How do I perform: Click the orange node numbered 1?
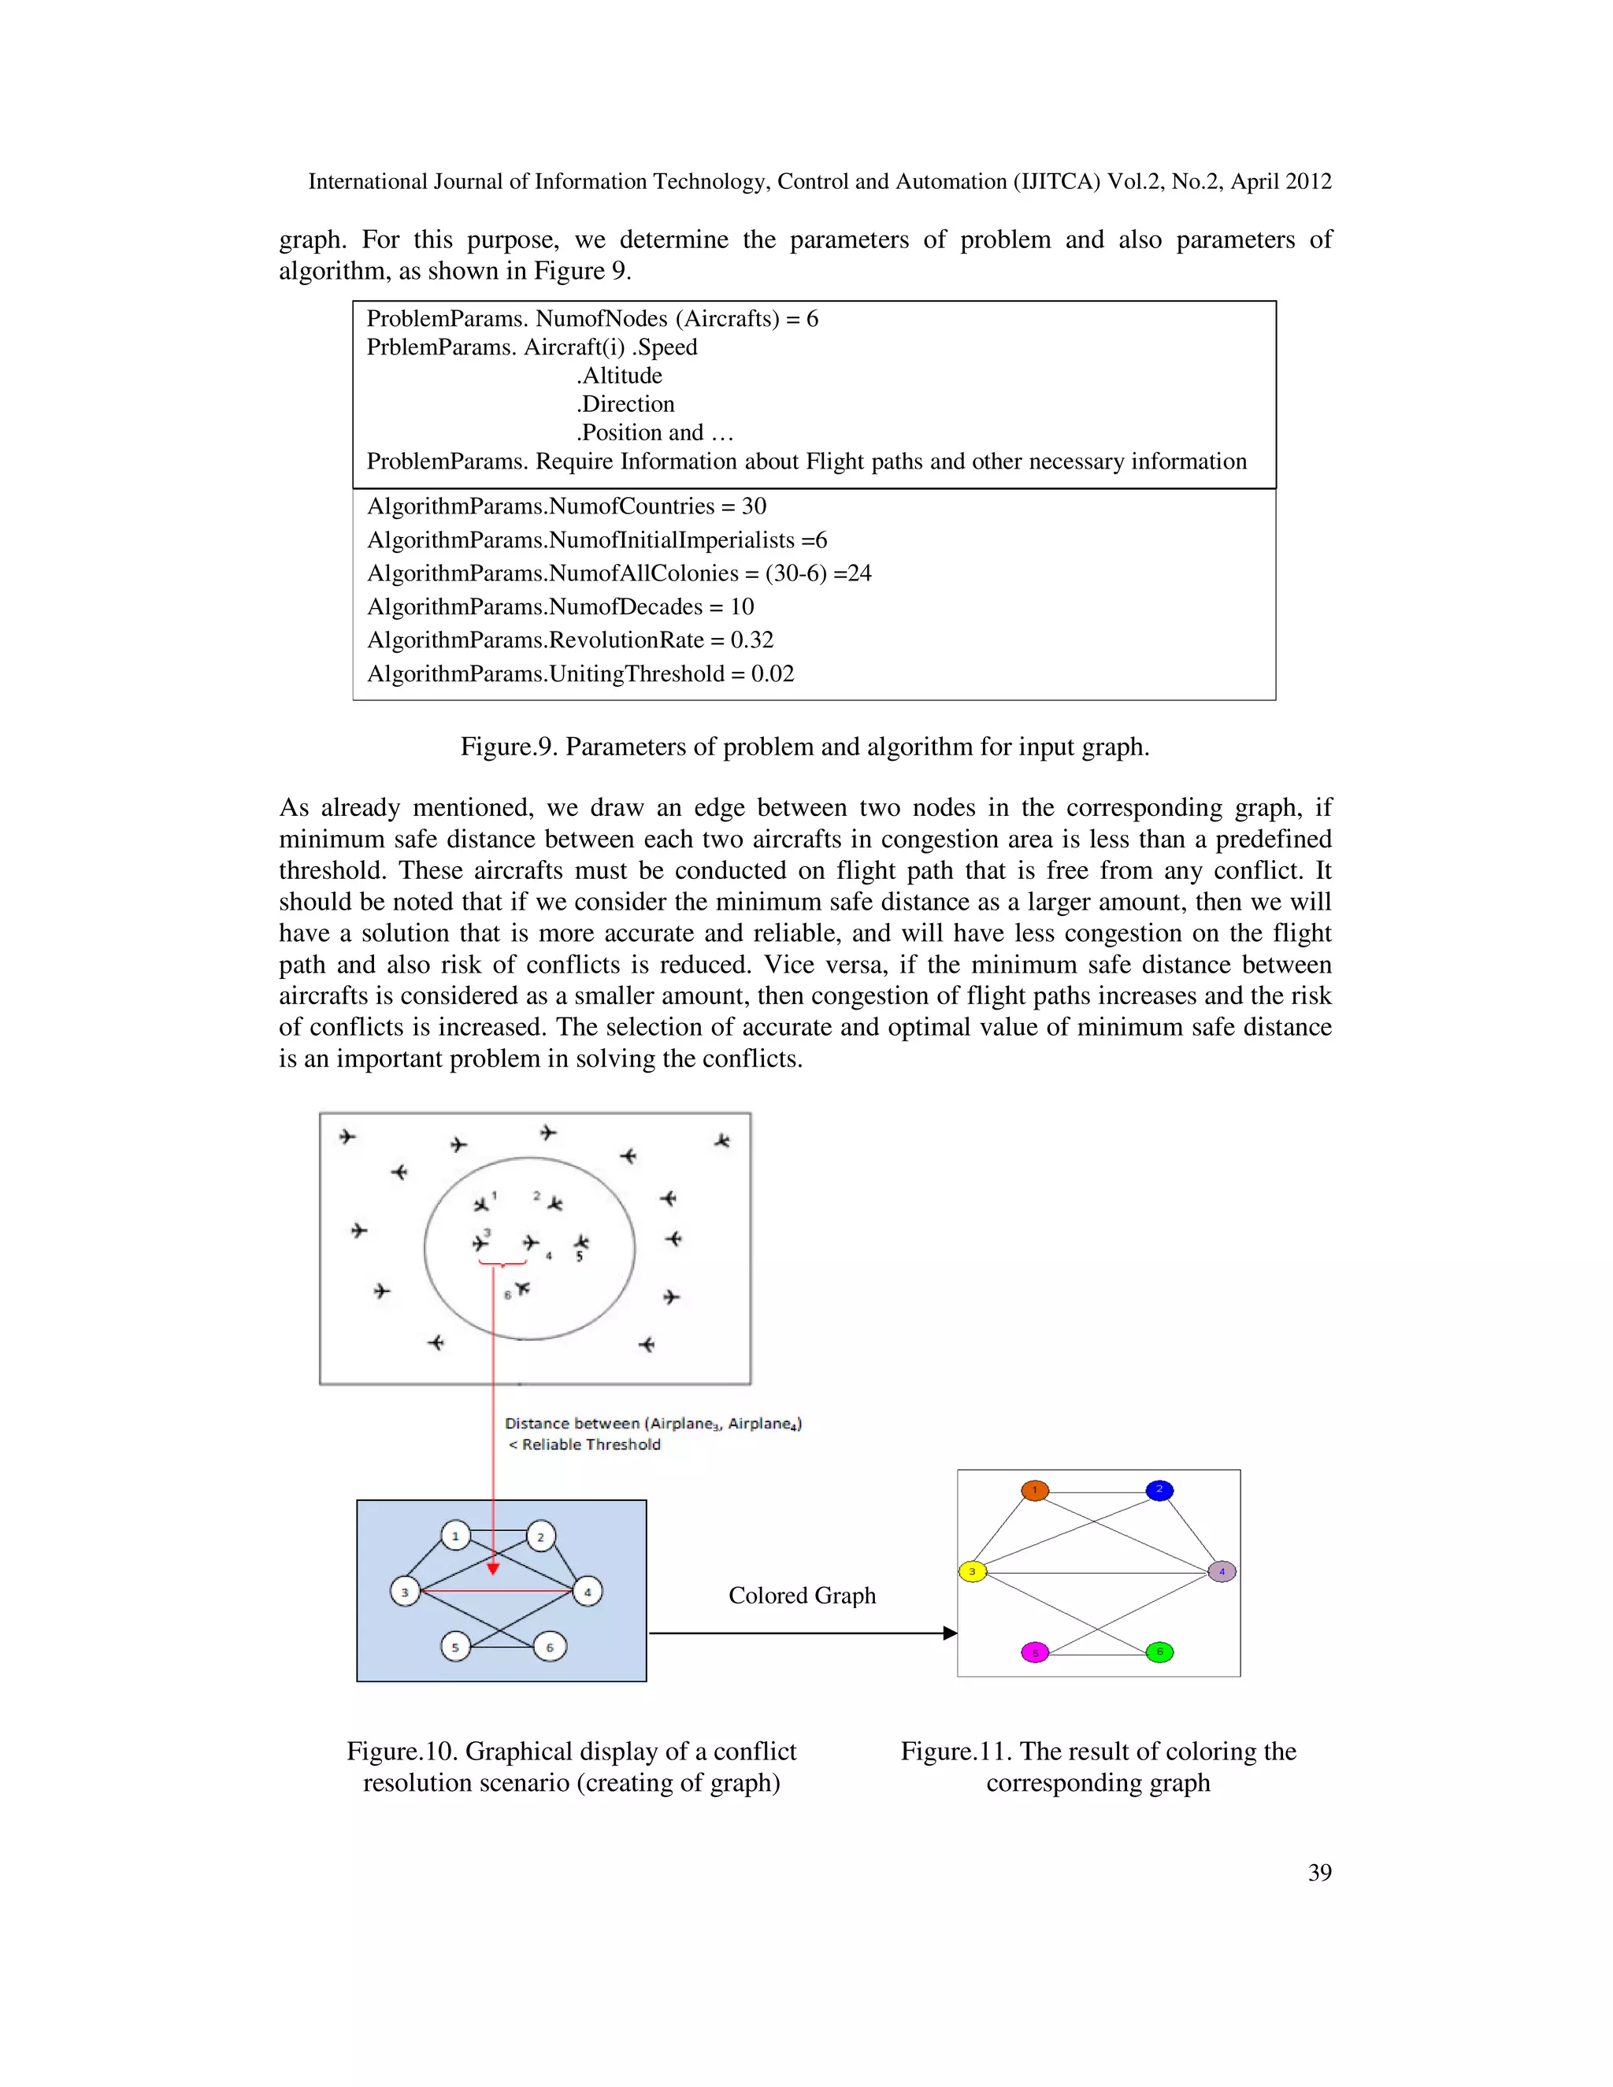click(1035, 1491)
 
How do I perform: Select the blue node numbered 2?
click(1159, 1491)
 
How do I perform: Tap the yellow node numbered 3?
click(972, 1572)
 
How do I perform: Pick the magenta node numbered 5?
click(1035, 1653)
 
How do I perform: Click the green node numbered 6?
click(1159, 1652)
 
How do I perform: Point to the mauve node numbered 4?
click(1222, 1572)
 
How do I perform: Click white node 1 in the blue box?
click(456, 1537)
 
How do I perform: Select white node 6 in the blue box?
click(550, 1648)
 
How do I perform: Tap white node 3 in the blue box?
click(405, 1592)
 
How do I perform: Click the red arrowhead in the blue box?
click(493, 1568)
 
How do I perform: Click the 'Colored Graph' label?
click(802, 1596)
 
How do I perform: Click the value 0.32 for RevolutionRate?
click(752, 640)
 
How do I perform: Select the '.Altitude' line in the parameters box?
click(619, 376)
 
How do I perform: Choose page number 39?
click(1320, 1873)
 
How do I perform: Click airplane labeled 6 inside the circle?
click(521, 1289)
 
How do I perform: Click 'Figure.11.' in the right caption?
click(955, 1752)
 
